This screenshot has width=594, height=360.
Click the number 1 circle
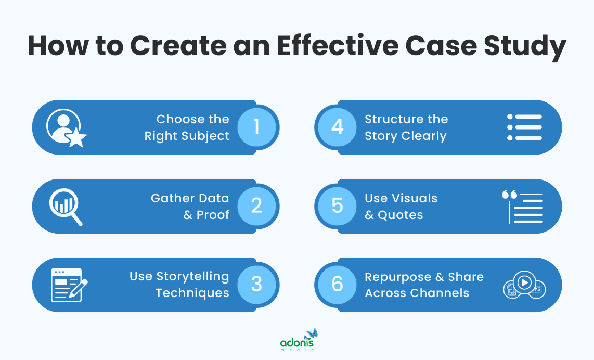pos(256,127)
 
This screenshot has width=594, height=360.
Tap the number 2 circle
pos(256,206)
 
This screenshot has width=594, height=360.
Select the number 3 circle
pos(256,285)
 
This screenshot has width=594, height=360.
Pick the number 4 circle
pos(337,127)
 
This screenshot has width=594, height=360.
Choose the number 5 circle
pos(337,206)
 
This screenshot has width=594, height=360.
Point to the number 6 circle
pos(337,285)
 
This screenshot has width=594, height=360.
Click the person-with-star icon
pos(66,128)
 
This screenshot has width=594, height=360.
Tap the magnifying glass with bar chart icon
pos(66,207)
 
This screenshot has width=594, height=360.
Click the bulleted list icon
pos(524,127)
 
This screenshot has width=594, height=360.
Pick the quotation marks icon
pos(509,196)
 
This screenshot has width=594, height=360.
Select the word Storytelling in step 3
pos(193,276)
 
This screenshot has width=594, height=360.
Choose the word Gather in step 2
pos(169,198)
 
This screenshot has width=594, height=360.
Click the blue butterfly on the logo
pos(312,333)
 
